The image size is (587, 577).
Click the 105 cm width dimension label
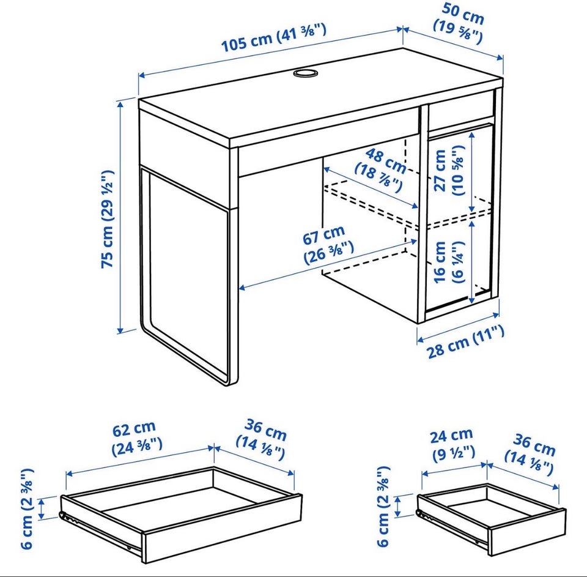coord(274,37)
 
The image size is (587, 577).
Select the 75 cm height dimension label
coord(107,219)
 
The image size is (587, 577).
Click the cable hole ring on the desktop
coord(305,73)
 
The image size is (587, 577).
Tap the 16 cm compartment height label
coord(448,262)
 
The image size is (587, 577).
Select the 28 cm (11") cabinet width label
coord(465,342)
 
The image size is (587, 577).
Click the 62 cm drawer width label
coord(136,438)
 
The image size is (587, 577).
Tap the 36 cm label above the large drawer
coord(261,440)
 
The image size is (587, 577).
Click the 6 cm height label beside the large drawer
coord(28,508)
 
